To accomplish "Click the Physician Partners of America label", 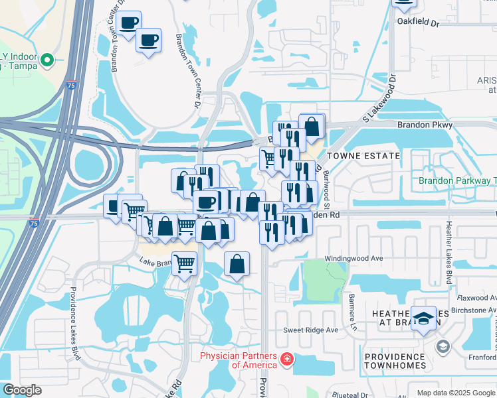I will pos(238,360).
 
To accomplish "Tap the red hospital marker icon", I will pos(286,360).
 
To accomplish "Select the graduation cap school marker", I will pos(423,318).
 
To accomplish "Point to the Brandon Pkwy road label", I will pos(425,125).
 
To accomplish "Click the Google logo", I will pos(22,390).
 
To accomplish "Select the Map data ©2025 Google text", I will pos(456,393).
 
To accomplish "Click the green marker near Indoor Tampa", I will pos(47,61).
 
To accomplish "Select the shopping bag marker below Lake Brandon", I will pos(237,265).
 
